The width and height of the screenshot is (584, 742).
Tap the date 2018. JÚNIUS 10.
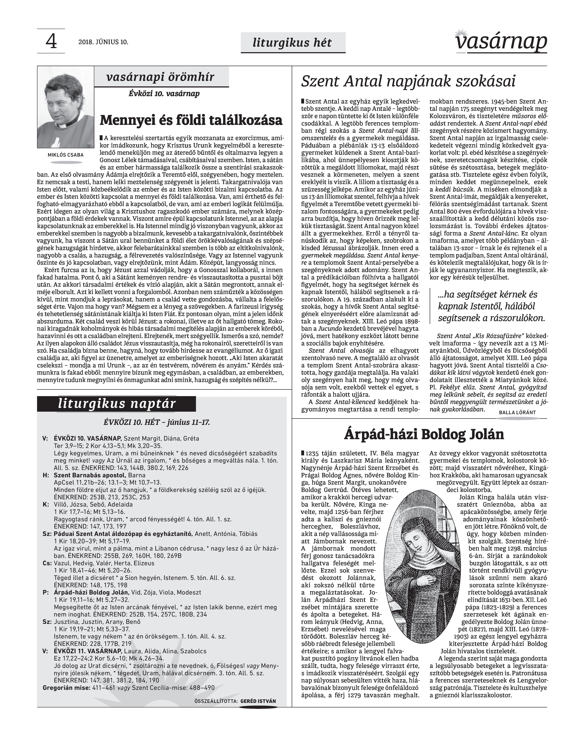click(103, 42)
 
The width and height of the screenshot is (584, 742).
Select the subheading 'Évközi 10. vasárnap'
click(164, 94)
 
